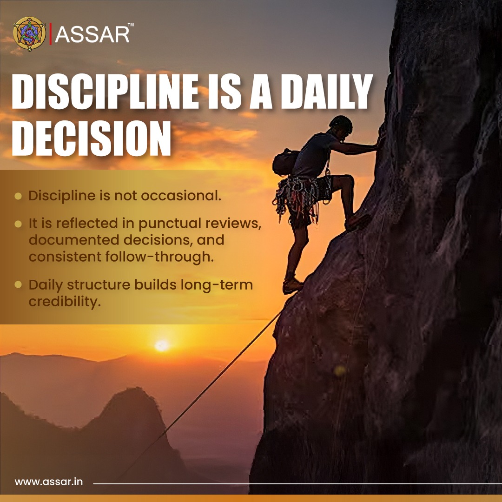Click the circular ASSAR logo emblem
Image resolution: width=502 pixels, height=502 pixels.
[x=30, y=33]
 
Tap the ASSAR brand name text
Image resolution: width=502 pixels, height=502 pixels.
[x=92, y=34]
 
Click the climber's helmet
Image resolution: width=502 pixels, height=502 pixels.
[x=341, y=124]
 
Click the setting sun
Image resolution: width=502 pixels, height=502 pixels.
[x=162, y=345]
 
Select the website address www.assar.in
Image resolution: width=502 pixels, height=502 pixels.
[x=49, y=482]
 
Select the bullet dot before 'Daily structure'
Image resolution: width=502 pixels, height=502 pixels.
[x=18, y=285]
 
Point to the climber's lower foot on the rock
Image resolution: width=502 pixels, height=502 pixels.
[x=292, y=284]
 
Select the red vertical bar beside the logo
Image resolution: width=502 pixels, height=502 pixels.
[x=50, y=34]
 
